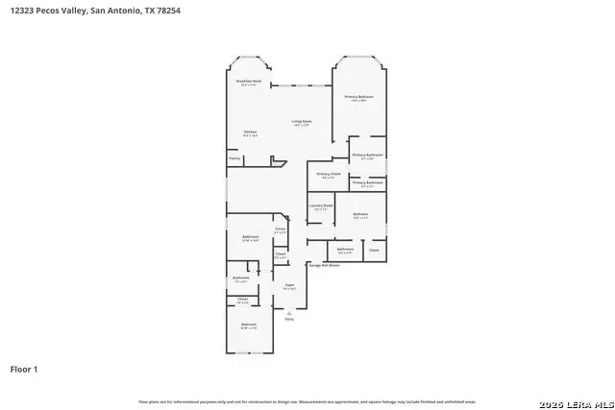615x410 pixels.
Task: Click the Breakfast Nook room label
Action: pos(250,83)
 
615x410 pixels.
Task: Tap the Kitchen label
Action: pos(250,133)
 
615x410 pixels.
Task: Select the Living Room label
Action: pos(302,122)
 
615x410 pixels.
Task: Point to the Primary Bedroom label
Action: pos(360,98)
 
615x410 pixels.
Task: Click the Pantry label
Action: pos(234,157)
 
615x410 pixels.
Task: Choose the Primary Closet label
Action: pos(329,175)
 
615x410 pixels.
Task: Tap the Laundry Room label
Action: pos(321,205)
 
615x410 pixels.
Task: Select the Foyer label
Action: pos(288,286)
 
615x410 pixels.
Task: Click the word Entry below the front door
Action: pos(288,319)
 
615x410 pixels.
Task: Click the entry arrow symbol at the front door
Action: pos(288,311)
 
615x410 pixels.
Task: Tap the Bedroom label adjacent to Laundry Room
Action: pos(361,215)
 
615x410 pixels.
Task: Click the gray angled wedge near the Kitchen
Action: pos(277,164)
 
